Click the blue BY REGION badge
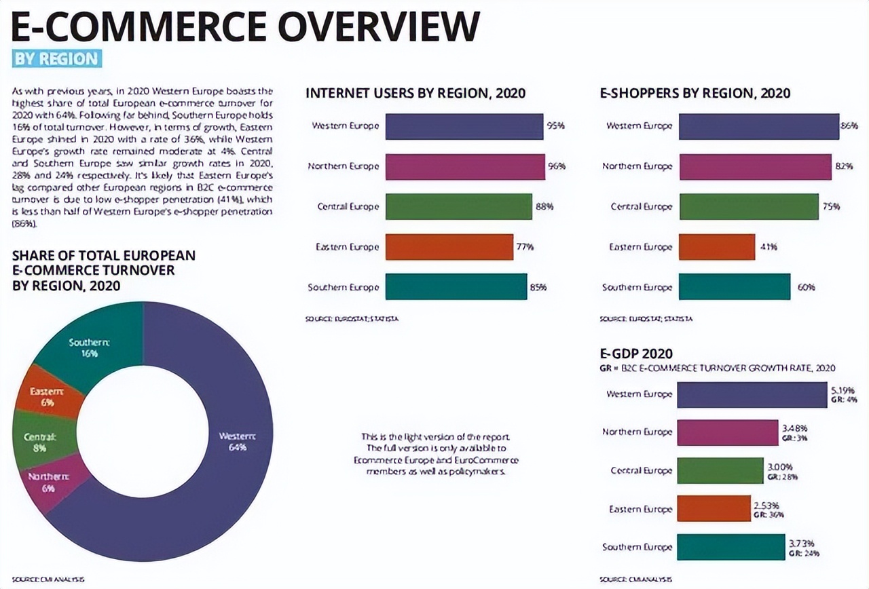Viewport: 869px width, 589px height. (x=57, y=58)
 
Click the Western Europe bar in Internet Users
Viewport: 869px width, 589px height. (x=464, y=126)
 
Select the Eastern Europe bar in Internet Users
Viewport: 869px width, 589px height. (x=449, y=247)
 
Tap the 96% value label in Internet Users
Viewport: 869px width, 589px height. (x=557, y=166)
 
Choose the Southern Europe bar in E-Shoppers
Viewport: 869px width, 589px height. (x=735, y=287)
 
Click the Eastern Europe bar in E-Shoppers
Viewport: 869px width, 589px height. (x=717, y=247)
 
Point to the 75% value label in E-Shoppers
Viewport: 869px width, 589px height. (x=831, y=207)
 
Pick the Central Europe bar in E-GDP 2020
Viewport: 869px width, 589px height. (x=720, y=471)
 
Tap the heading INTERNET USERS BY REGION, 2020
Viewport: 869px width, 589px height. (x=415, y=93)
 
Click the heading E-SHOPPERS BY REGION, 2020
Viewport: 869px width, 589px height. (x=695, y=93)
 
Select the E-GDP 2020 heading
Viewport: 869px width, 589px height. (x=636, y=354)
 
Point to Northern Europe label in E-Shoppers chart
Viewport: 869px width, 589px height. (x=637, y=166)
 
